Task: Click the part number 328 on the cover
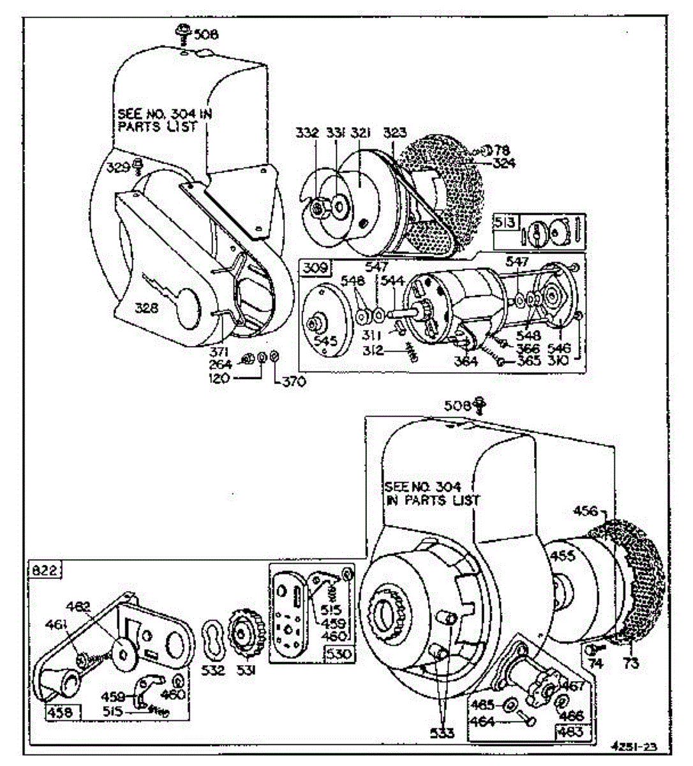pyautogui.click(x=147, y=309)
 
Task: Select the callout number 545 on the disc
pyautogui.click(x=326, y=342)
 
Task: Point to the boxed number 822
pyautogui.click(x=43, y=570)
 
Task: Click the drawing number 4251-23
pyautogui.click(x=633, y=746)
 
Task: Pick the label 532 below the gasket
pyautogui.click(x=214, y=670)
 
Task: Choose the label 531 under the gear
pyautogui.click(x=243, y=670)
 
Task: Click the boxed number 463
pyautogui.click(x=570, y=732)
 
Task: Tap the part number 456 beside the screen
pyautogui.click(x=586, y=511)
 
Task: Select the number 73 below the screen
pyautogui.click(x=630, y=664)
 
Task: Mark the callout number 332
pyautogui.click(x=306, y=133)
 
